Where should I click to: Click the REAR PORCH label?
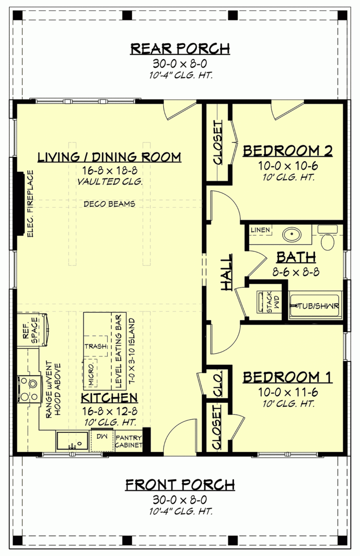pos(180,48)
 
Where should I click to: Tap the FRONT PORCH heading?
pos(180,484)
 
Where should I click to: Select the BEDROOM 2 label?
pos(288,151)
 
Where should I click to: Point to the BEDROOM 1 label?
pos(288,377)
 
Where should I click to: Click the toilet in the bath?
pos(328,239)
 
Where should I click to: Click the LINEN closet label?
pos(260,230)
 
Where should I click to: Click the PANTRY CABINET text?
pos(128,441)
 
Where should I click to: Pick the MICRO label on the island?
pos(91,375)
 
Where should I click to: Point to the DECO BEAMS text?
pos(110,204)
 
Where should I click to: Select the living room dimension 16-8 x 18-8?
pos(109,171)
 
